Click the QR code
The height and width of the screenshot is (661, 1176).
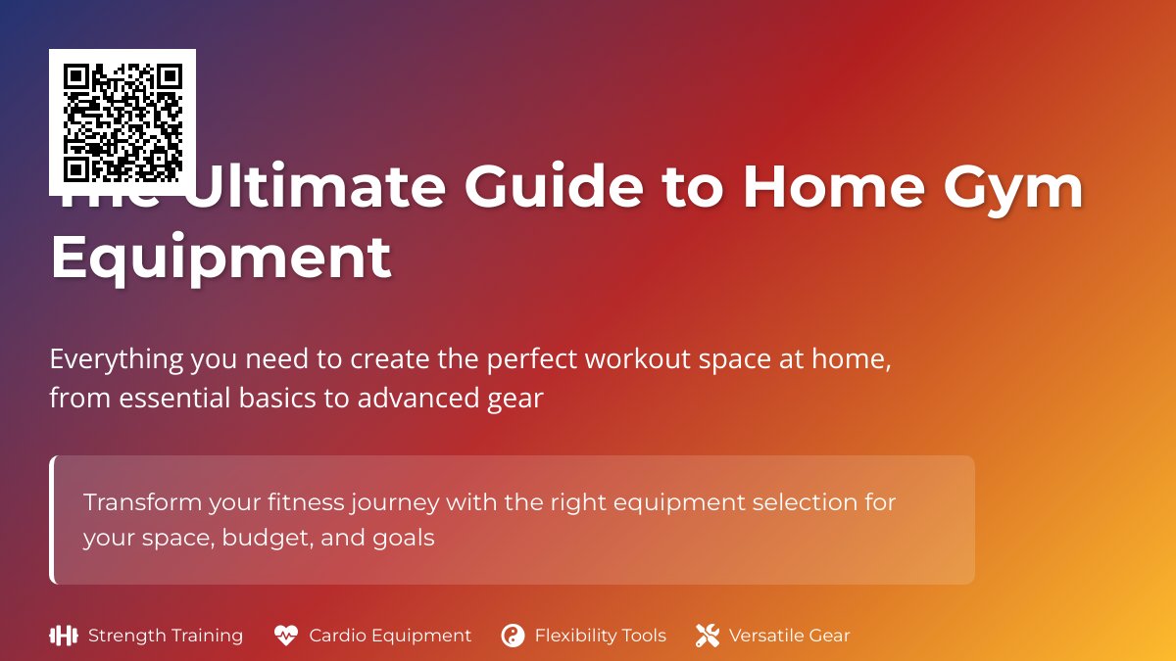122,122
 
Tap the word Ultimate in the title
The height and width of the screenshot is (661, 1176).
314,188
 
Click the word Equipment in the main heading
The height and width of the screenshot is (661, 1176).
220,258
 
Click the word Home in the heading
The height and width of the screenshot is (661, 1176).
833,188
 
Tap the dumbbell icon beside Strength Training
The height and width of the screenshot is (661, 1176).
63,636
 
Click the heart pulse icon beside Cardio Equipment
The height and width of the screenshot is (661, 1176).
285,636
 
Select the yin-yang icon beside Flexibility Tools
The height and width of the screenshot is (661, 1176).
513,636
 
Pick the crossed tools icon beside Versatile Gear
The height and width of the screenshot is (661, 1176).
708,636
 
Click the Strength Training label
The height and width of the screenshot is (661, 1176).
166,636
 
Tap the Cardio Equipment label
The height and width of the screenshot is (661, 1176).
390,636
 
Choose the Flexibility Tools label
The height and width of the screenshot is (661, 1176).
600,636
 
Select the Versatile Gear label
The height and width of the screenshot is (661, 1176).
789,636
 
